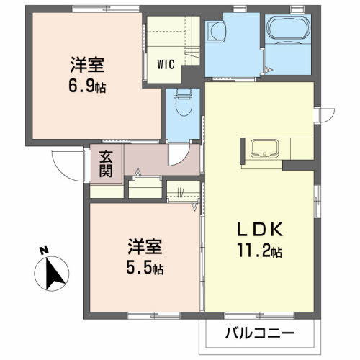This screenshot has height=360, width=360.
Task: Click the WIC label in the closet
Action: tap(166, 64)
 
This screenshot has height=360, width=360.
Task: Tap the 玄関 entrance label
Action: tap(106, 163)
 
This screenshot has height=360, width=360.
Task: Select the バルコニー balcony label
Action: tap(260, 333)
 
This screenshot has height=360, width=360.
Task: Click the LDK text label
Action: tap(260, 230)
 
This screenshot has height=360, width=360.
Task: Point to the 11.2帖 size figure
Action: tap(260, 251)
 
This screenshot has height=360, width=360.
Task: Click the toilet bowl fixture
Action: tap(184, 103)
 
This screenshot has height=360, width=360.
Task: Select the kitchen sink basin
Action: tap(264, 149)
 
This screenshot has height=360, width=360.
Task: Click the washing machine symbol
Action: tap(216, 32)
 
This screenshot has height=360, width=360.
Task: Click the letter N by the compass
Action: tap(44, 251)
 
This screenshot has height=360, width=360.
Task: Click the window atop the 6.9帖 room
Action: tap(106, 9)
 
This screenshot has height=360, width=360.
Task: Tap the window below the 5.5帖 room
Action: tap(154, 315)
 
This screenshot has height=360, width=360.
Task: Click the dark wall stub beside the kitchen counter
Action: tap(298, 166)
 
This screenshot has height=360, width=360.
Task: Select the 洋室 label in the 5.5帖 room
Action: tap(145, 246)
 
